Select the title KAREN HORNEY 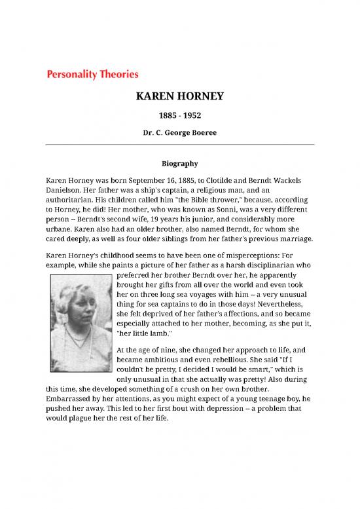tap(179, 97)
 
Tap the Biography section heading tap(179, 162)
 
